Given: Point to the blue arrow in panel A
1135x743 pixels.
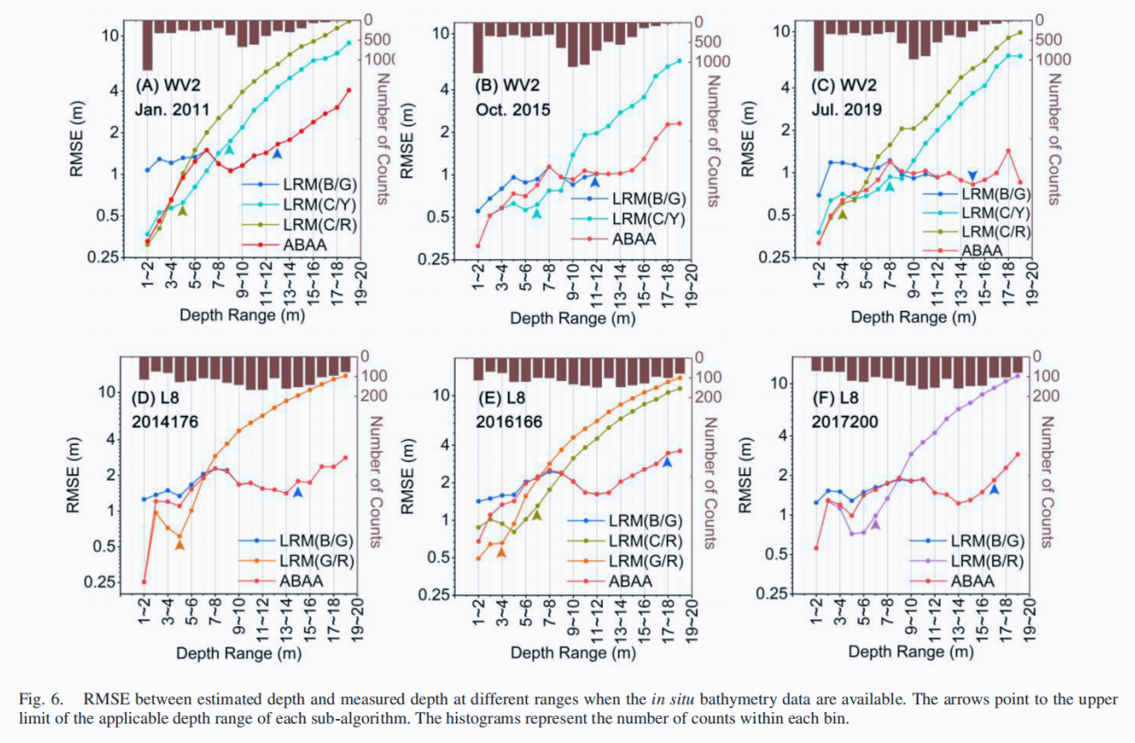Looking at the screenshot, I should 277,153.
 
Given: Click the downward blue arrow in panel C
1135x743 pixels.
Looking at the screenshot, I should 973,176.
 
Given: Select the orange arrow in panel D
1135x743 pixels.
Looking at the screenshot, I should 180,545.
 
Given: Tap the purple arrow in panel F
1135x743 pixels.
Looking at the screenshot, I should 876,525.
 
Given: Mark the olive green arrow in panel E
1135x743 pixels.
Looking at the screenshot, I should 536,515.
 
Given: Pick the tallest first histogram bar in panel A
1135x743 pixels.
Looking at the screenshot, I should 147,44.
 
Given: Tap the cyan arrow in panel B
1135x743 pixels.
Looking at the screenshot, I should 536,214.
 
